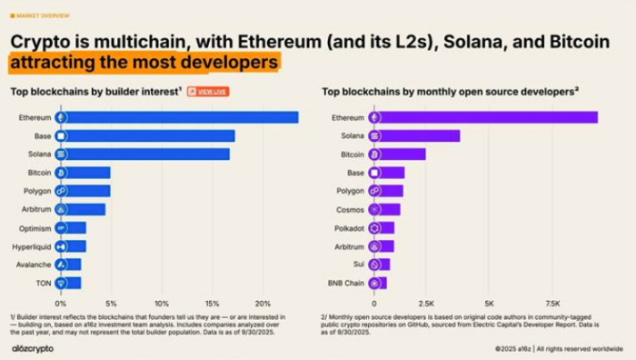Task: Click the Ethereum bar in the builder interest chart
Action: [x=182, y=117]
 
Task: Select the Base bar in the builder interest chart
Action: [x=150, y=135]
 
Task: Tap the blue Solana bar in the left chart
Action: [x=147, y=154]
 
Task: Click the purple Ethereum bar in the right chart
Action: [x=487, y=117]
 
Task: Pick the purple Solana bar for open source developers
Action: [x=418, y=135]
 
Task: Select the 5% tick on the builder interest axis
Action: [x=110, y=303]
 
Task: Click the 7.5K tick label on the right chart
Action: [x=552, y=303]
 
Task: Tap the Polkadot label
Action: [x=346, y=227]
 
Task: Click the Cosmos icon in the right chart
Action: [x=373, y=209]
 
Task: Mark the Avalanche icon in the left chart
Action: [x=60, y=265]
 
